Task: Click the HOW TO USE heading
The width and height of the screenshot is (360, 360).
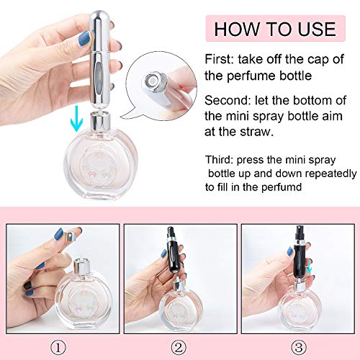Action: pos(274,29)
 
